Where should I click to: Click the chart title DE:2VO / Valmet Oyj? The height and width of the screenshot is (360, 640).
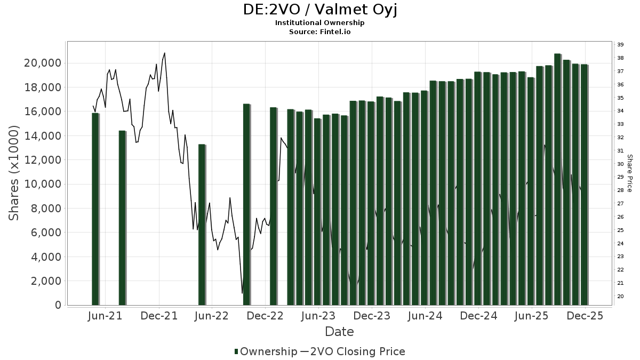pyautogui.click(x=320, y=10)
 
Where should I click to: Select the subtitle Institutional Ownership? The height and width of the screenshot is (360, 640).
pyautogui.click(x=320, y=23)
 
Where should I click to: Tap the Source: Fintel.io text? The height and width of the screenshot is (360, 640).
pyautogui.click(x=320, y=32)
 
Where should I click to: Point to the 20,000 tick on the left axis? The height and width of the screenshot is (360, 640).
pyautogui.click(x=43, y=63)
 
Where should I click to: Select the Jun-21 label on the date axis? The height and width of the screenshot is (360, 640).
pyautogui.click(x=106, y=316)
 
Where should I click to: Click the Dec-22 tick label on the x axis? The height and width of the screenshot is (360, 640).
pyautogui.click(x=266, y=316)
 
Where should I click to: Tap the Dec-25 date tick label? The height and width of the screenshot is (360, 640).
pyautogui.click(x=585, y=316)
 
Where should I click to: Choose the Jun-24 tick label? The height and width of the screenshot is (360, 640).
pyautogui.click(x=426, y=316)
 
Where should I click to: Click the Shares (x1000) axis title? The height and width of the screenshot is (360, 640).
pyautogui.click(x=14, y=173)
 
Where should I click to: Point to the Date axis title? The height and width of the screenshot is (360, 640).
pyautogui.click(x=339, y=332)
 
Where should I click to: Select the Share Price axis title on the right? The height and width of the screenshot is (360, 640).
pyautogui.click(x=629, y=173)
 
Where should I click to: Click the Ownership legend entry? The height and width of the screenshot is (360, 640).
pyautogui.click(x=266, y=351)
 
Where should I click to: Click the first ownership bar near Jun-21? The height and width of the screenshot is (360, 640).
pyautogui.click(x=95, y=209)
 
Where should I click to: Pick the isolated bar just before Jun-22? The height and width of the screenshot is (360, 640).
pyautogui.click(x=202, y=225)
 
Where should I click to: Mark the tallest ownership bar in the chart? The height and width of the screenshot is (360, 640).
pyautogui.click(x=557, y=179)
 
